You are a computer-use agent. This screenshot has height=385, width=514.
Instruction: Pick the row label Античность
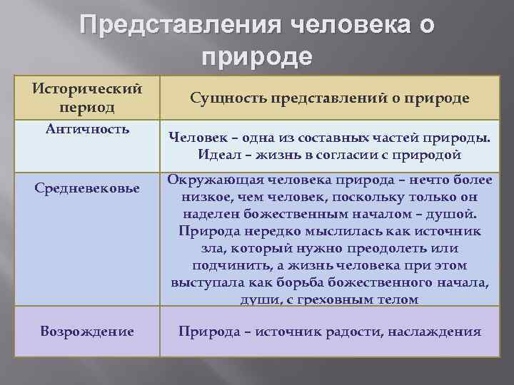coord(87,129)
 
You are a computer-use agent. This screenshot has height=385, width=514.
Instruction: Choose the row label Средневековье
coord(87,188)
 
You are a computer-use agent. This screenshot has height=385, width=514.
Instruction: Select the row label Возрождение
coord(87,331)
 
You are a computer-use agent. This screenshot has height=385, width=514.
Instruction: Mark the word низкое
coord(207,197)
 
